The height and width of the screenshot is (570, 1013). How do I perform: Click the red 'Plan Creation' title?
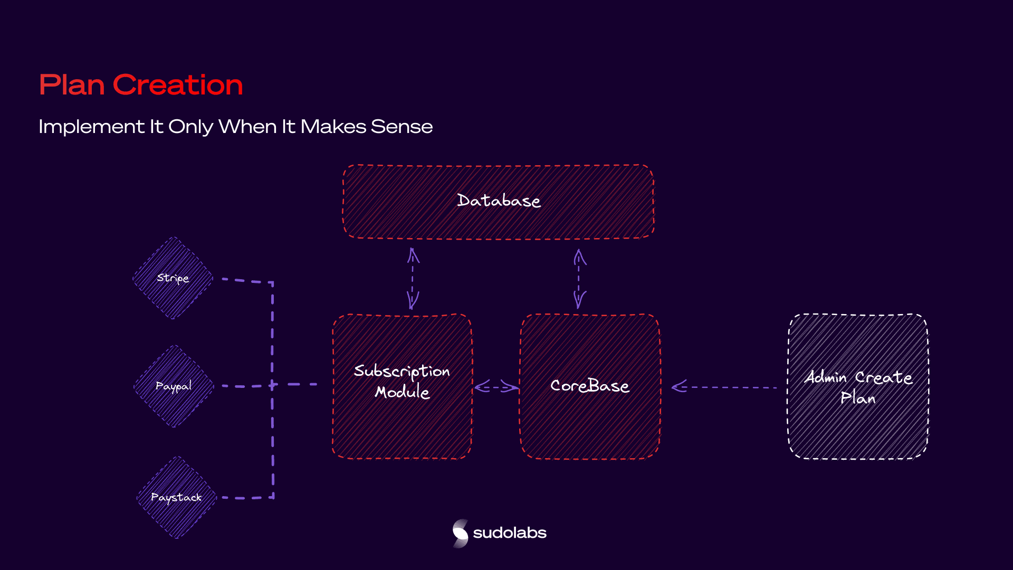click(141, 85)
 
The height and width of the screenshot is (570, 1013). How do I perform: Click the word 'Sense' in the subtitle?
click(402, 127)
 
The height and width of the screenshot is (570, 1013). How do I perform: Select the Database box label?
click(499, 201)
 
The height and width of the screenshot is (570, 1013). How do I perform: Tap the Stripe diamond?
click(173, 278)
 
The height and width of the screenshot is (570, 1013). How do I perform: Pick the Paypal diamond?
click(174, 386)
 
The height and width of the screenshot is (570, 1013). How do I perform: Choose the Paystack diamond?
click(177, 497)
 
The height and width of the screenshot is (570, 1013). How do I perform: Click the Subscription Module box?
click(402, 386)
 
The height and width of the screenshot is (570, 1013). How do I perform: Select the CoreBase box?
click(590, 386)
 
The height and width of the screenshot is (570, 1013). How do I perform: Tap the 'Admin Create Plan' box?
click(858, 386)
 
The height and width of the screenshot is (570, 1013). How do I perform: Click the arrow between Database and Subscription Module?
click(413, 279)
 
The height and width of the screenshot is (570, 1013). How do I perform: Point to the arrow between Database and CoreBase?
click(579, 279)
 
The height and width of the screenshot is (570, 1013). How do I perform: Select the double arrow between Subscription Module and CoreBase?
click(496, 387)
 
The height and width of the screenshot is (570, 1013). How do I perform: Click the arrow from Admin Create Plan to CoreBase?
click(724, 387)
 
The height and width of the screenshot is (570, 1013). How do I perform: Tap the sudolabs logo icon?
click(460, 533)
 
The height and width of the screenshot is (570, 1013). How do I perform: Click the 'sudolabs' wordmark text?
click(510, 533)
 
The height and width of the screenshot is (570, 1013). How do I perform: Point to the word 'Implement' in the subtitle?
click(91, 127)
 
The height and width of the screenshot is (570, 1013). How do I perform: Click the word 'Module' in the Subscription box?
click(402, 392)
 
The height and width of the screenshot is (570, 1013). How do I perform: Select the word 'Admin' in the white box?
click(826, 377)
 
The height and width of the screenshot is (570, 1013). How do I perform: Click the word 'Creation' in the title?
click(178, 85)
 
